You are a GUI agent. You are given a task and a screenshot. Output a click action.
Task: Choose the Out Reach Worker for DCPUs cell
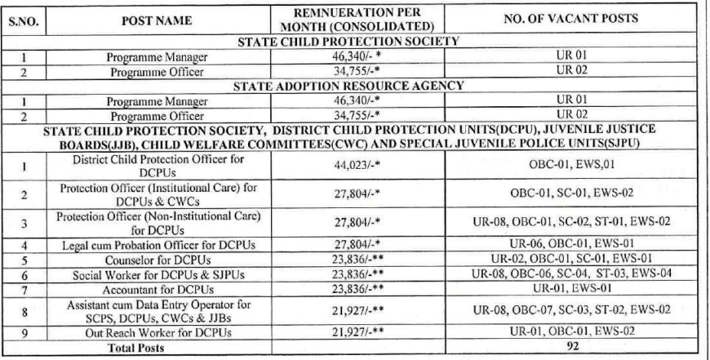pos(155,333)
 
